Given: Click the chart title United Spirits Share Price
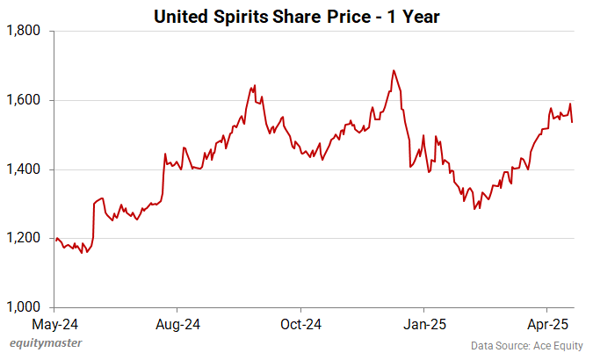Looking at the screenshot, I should coord(296,15).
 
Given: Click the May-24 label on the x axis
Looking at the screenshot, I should coord(54,324).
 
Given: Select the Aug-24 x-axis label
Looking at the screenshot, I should coord(177,324).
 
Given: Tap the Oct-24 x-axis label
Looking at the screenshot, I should coord(300,324).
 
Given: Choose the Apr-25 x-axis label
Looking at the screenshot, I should coord(546,324).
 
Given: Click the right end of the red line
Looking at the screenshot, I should coord(573,122).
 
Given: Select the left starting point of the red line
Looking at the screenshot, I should coord(55,240).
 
